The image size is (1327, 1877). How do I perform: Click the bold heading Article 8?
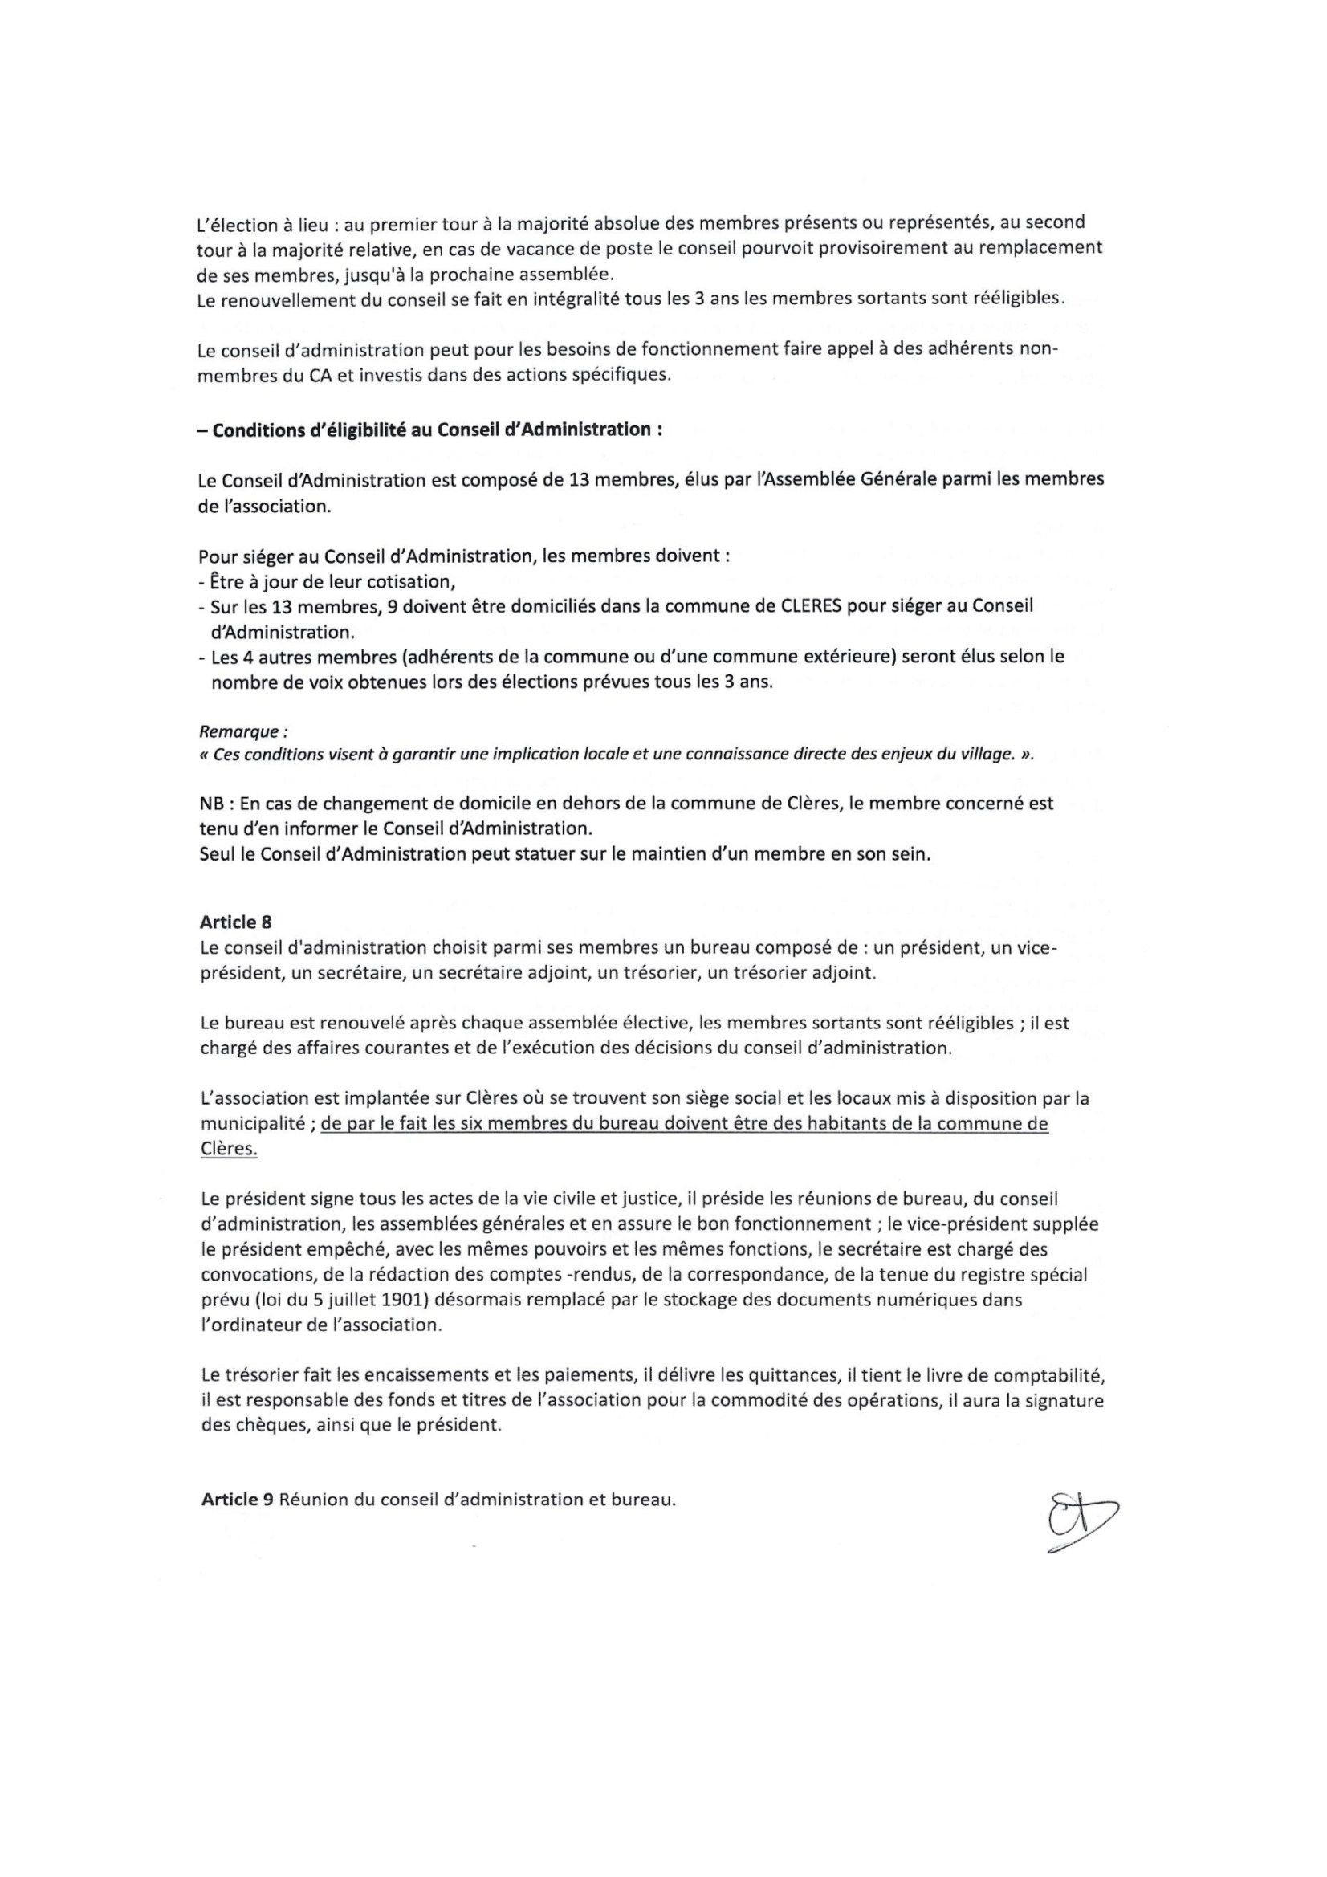pyautogui.click(x=235, y=923)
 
